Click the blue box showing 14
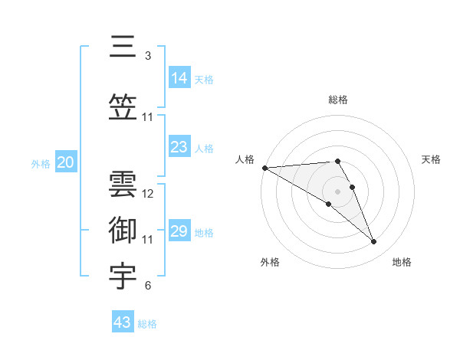179,77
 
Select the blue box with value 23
179,146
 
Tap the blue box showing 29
179,231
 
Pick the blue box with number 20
66,162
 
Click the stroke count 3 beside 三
147,56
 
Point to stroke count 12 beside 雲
148,194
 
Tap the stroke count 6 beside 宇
147,286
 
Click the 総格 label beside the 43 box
147,324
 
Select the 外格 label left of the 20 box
41,163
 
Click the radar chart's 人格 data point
264,168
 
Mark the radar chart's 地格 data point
374,242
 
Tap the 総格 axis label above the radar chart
338,100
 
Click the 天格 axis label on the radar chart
432,159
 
